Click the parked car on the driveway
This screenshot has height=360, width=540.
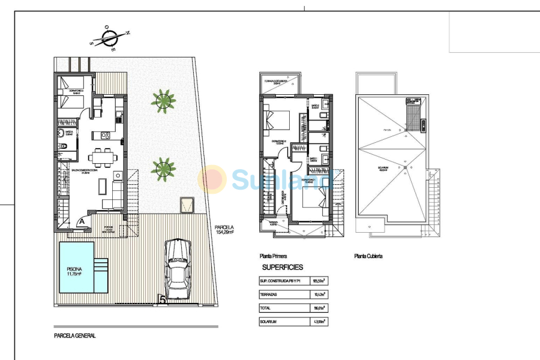click(x=178, y=269)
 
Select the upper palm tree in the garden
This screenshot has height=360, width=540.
click(x=163, y=100)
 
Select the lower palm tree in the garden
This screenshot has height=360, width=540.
click(x=163, y=169)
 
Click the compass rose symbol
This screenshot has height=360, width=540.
click(x=109, y=38)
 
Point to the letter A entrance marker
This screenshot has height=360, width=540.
click(x=81, y=221)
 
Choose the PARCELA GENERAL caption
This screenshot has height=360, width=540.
click(x=74, y=336)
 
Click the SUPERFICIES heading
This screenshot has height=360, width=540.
click(x=283, y=267)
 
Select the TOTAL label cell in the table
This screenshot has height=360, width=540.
click(x=283, y=308)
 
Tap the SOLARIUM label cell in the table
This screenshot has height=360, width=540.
click(x=283, y=322)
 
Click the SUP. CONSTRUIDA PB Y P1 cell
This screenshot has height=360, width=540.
click(x=283, y=280)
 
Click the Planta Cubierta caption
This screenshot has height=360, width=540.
click(x=368, y=255)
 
